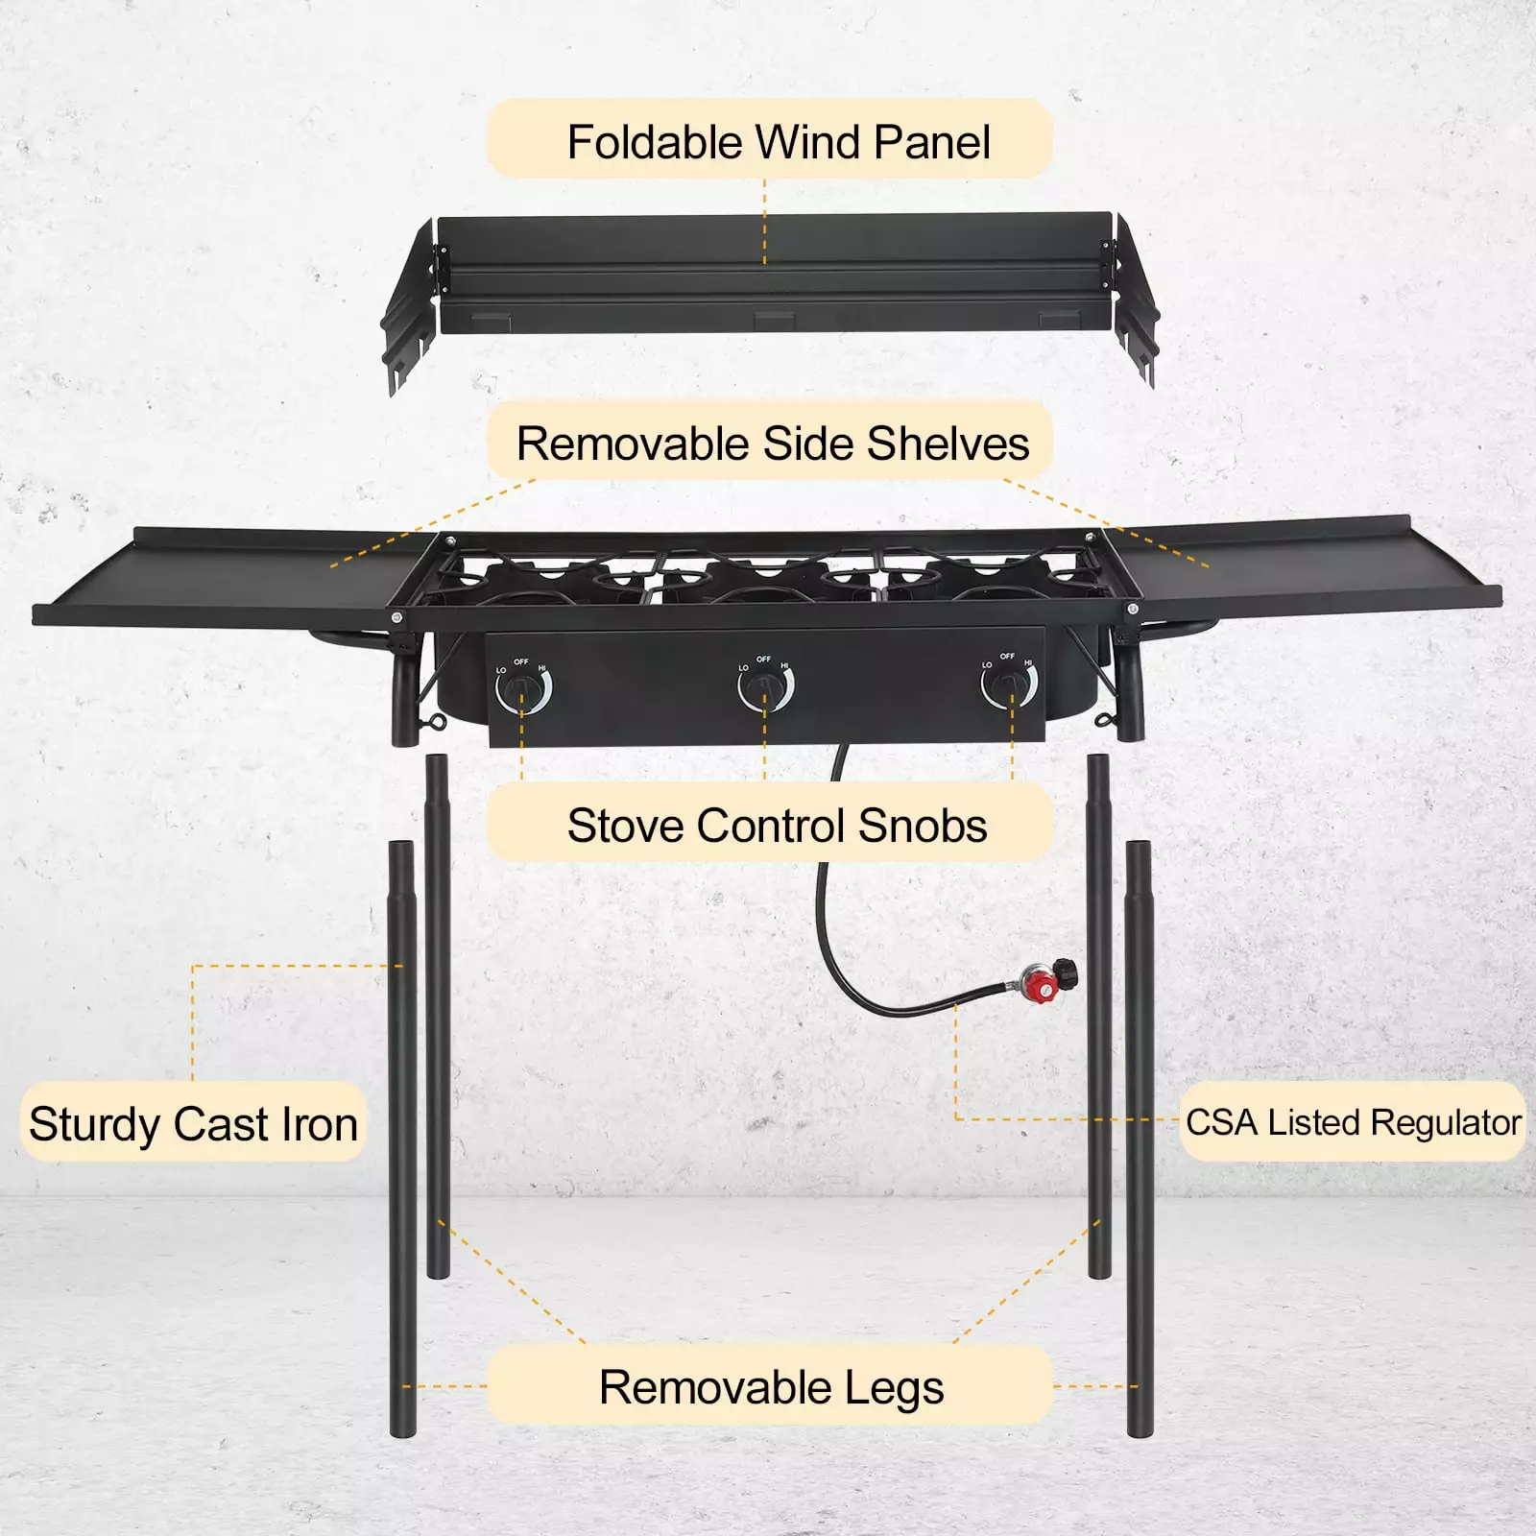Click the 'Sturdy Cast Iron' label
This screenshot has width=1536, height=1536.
point(193,1123)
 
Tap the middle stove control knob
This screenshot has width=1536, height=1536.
point(765,685)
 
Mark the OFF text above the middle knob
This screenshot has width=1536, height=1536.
point(763,659)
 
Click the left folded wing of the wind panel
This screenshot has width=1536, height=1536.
point(411,307)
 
